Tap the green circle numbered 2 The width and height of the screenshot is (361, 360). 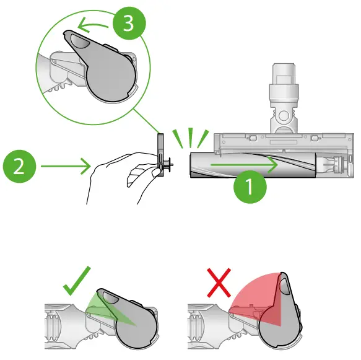(19, 167)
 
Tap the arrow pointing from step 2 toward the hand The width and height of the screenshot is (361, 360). (64, 166)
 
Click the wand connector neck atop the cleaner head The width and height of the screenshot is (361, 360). (284, 105)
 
